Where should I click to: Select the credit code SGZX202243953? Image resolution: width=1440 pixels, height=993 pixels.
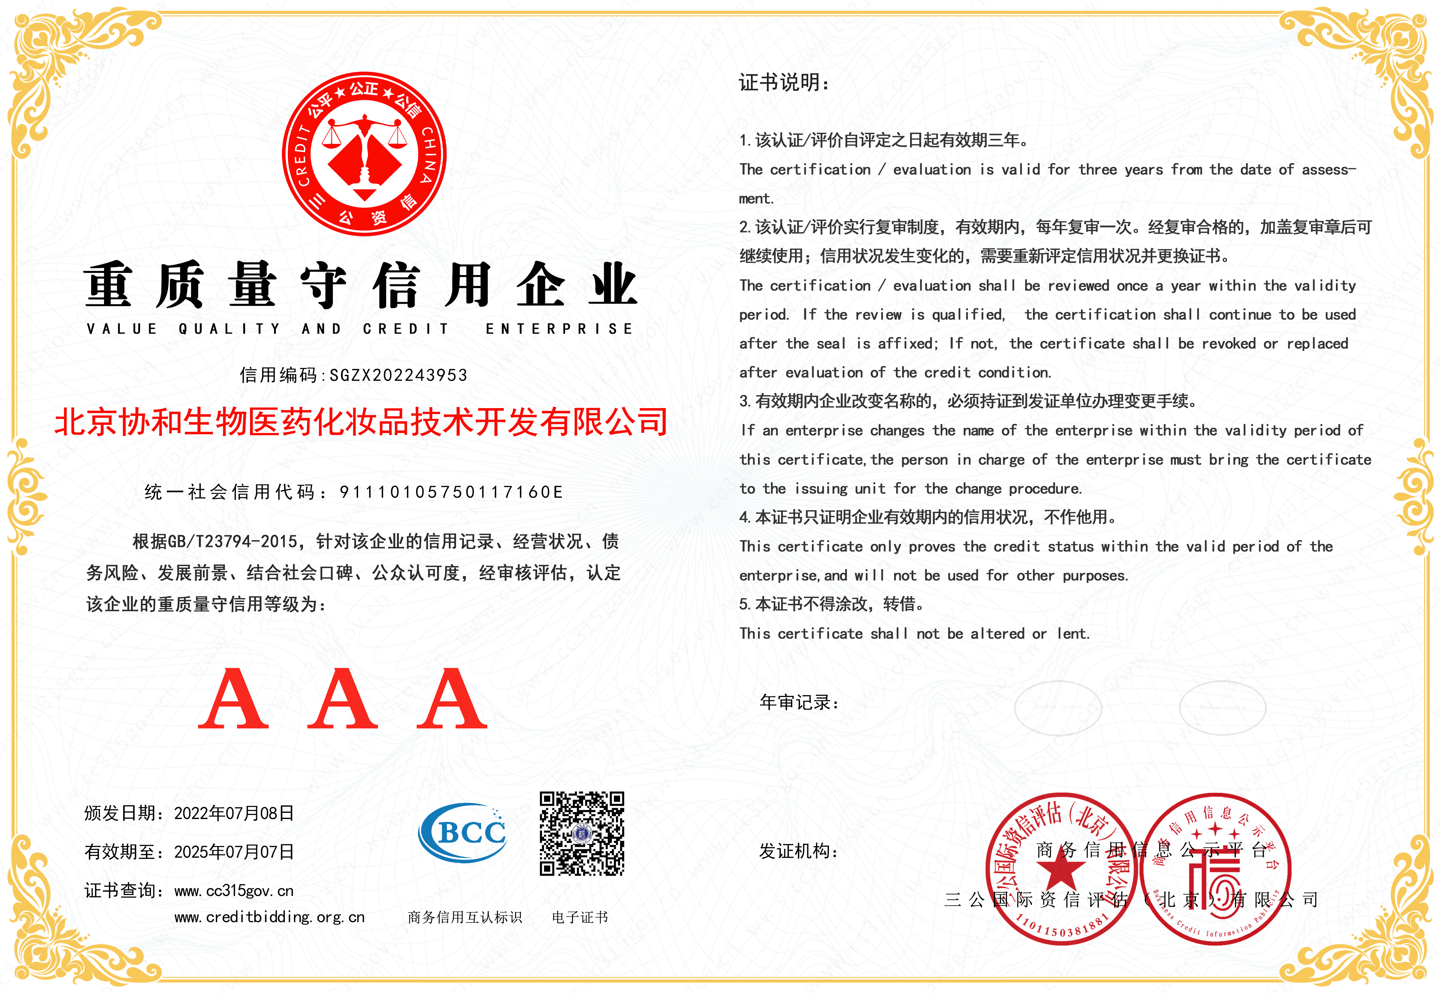[398, 375]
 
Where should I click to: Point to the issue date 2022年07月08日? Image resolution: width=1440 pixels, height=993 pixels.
[234, 813]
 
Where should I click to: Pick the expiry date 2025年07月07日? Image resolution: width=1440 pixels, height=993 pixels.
[234, 852]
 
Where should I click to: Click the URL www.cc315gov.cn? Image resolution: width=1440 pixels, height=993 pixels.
[234, 891]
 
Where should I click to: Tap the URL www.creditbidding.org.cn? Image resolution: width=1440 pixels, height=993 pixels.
[269, 917]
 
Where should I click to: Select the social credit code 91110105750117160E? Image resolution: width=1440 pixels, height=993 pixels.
[451, 492]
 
